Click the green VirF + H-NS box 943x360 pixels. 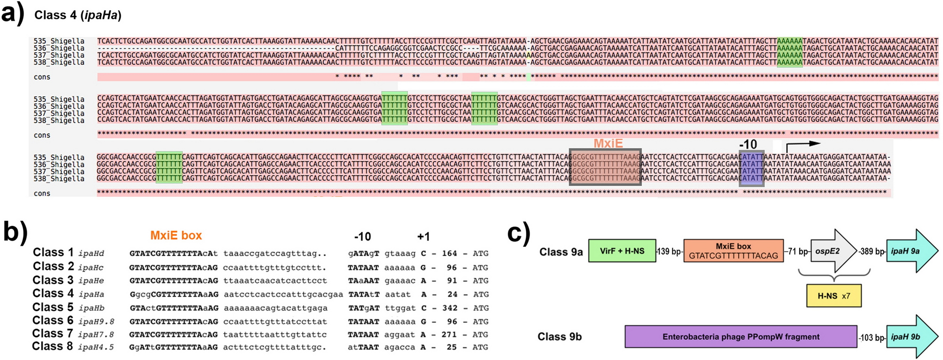click(622, 251)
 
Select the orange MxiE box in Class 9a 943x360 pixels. click(733, 251)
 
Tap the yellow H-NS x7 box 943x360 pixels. click(834, 296)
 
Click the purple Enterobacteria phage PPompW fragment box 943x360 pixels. click(740, 337)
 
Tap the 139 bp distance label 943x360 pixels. click(670, 251)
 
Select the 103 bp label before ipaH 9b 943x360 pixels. click(872, 337)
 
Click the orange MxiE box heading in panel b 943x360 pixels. click(176, 235)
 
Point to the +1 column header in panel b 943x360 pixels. click(423, 236)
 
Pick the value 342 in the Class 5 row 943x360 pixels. click(449, 308)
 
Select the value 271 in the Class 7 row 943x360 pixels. click(449, 335)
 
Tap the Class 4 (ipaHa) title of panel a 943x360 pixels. click(78, 15)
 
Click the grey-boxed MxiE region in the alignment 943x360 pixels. click(605, 167)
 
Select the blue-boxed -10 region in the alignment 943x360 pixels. click(751, 168)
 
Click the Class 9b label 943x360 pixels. click(559, 337)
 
